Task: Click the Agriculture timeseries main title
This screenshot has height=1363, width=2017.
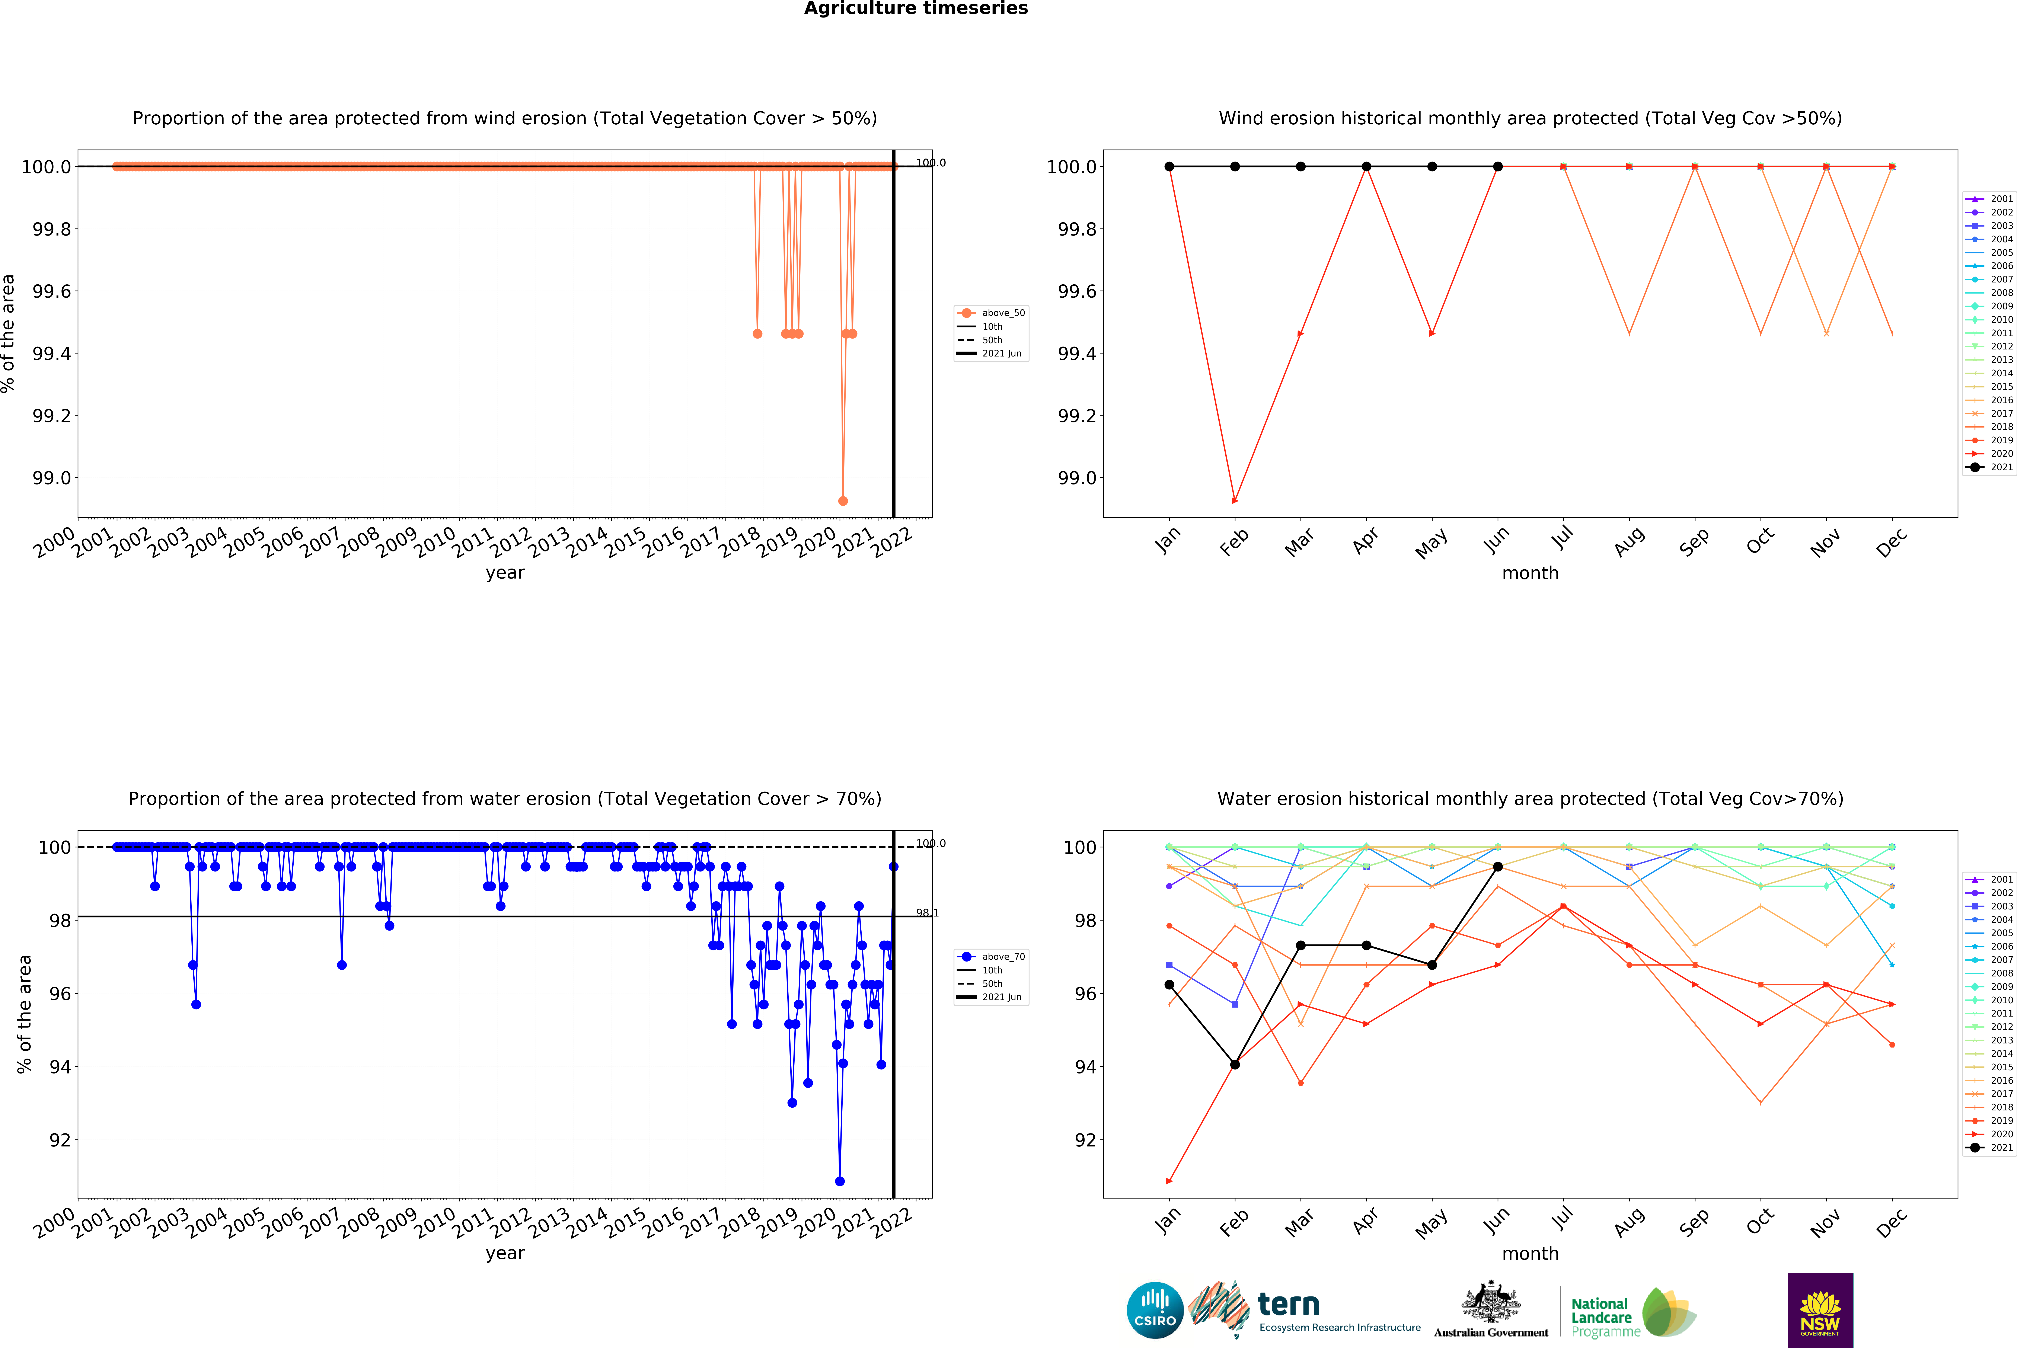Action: click(916, 9)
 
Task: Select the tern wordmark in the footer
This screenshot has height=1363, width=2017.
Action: click(1289, 1304)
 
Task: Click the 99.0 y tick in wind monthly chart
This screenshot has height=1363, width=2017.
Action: click(1076, 478)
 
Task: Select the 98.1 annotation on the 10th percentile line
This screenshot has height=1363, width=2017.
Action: click(927, 913)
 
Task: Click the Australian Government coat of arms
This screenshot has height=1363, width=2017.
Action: click(1490, 1301)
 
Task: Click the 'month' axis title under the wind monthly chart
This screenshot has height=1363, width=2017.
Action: click(1530, 573)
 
